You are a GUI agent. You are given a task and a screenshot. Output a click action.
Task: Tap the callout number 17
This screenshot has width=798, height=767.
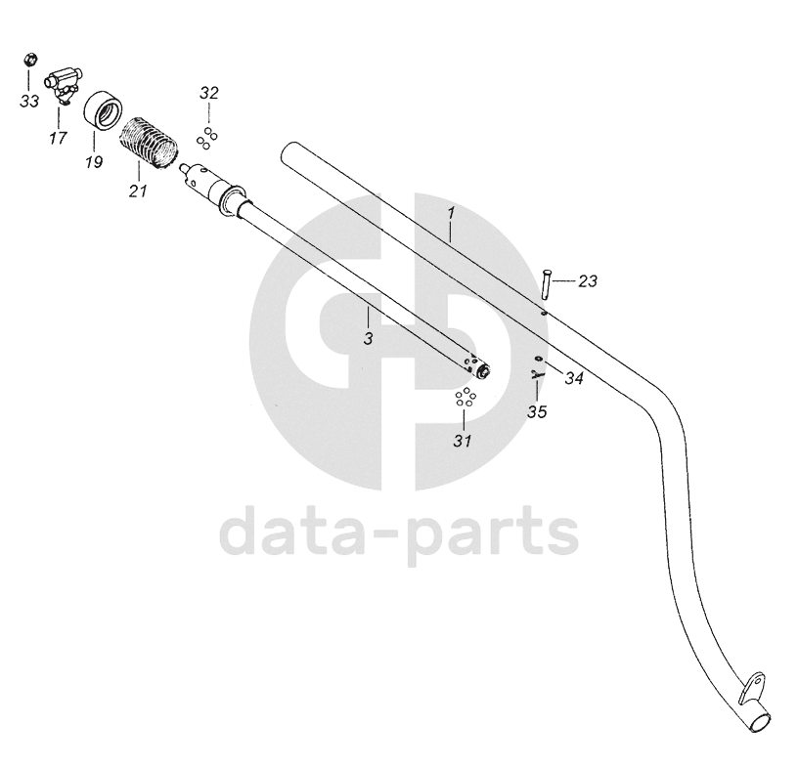(x=58, y=138)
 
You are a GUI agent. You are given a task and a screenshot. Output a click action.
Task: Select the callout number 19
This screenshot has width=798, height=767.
(x=93, y=161)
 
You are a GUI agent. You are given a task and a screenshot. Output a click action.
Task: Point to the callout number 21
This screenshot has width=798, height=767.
(x=137, y=190)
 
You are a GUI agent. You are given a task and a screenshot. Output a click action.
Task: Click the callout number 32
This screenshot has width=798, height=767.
(x=209, y=94)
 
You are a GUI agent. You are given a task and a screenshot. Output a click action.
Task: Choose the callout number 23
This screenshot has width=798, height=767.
(x=587, y=281)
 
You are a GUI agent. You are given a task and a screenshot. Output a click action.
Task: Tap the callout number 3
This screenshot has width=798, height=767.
(x=369, y=338)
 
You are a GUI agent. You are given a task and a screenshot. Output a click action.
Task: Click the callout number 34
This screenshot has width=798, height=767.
(x=574, y=378)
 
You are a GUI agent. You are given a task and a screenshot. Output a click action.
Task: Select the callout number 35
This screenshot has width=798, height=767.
(x=537, y=411)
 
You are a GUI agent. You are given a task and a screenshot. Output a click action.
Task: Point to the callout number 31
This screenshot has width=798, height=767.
(x=463, y=441)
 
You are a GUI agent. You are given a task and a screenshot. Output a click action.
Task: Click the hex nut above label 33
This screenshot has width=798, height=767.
(x=29, y=60)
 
